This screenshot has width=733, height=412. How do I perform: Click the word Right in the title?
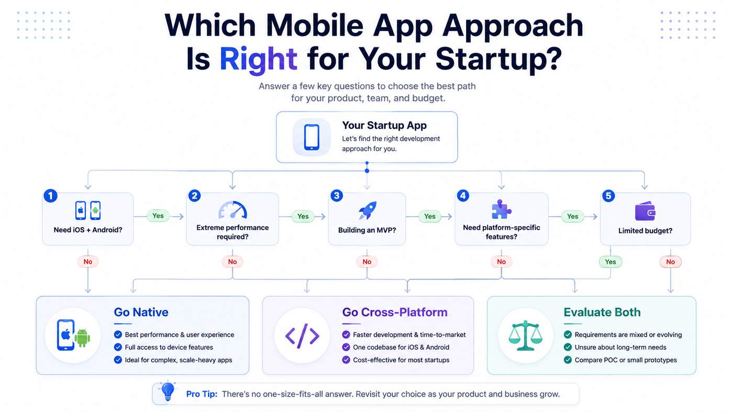click(x=258, y=59)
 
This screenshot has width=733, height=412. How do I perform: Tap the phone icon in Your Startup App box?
click(x=312, y=137)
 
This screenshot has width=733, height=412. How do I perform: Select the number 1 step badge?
click(x=50, y=196)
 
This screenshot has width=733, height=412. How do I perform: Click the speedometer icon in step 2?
click(x=232, y=210)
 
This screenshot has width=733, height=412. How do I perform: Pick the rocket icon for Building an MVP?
click(x=368, y=210)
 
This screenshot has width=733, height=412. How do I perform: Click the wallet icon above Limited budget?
click(x=645, y=211)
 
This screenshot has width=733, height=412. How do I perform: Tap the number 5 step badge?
click(x=608, y=196)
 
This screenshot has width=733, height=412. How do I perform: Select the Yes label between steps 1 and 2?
click(x=158, y=216)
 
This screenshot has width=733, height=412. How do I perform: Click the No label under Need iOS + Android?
click(x=88, y=261)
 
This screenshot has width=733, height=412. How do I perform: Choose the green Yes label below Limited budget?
click(x=610, y=262)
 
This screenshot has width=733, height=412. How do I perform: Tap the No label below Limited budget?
click(x=671, y=262)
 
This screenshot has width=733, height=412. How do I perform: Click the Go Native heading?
click(x=141, y=312)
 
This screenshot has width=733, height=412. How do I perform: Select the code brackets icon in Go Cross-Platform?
click(x=302, y=336)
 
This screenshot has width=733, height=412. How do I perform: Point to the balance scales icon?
click(x=525, y=336)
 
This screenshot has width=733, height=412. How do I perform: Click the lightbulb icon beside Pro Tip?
click(x=168, y=391)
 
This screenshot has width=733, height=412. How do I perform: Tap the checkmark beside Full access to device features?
click(x=118, y=347)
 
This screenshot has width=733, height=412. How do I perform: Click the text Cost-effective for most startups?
click(x=401, y=360)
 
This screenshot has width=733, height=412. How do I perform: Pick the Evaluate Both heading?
click(x=602, y=312)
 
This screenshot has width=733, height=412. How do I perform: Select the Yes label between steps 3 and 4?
click(x=430, y=216)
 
